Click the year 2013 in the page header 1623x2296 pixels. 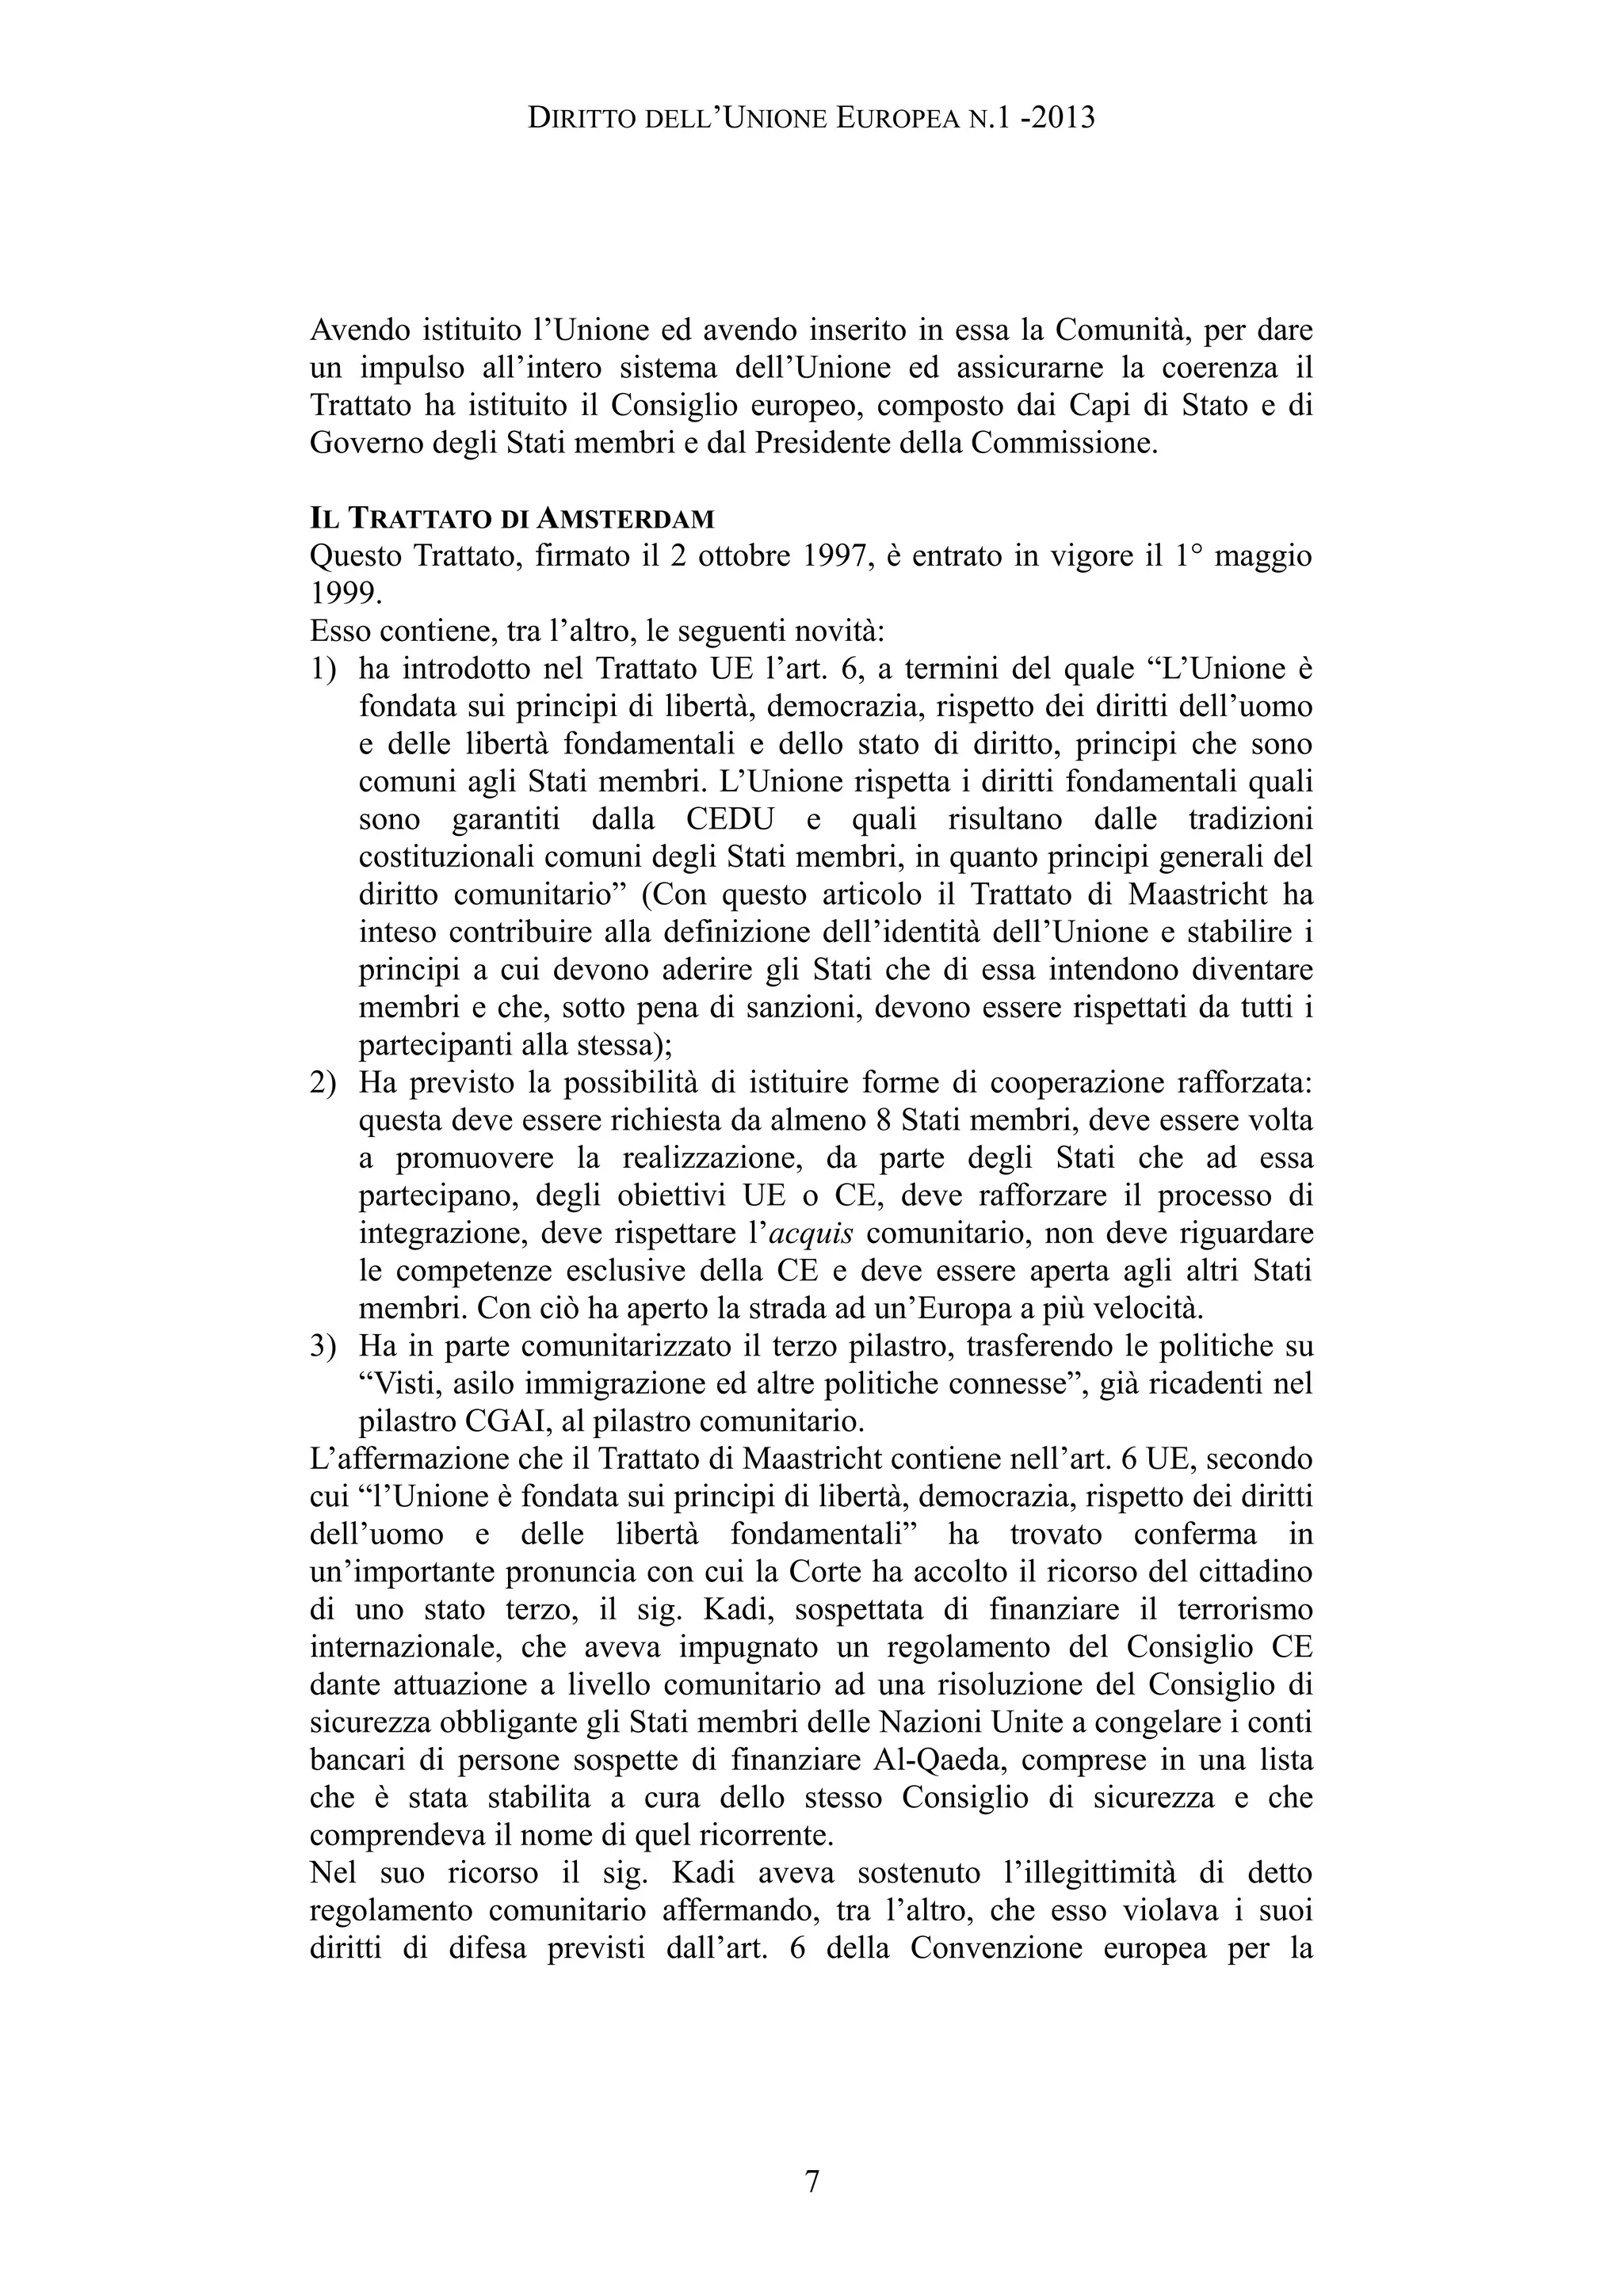click(1062, 119)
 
